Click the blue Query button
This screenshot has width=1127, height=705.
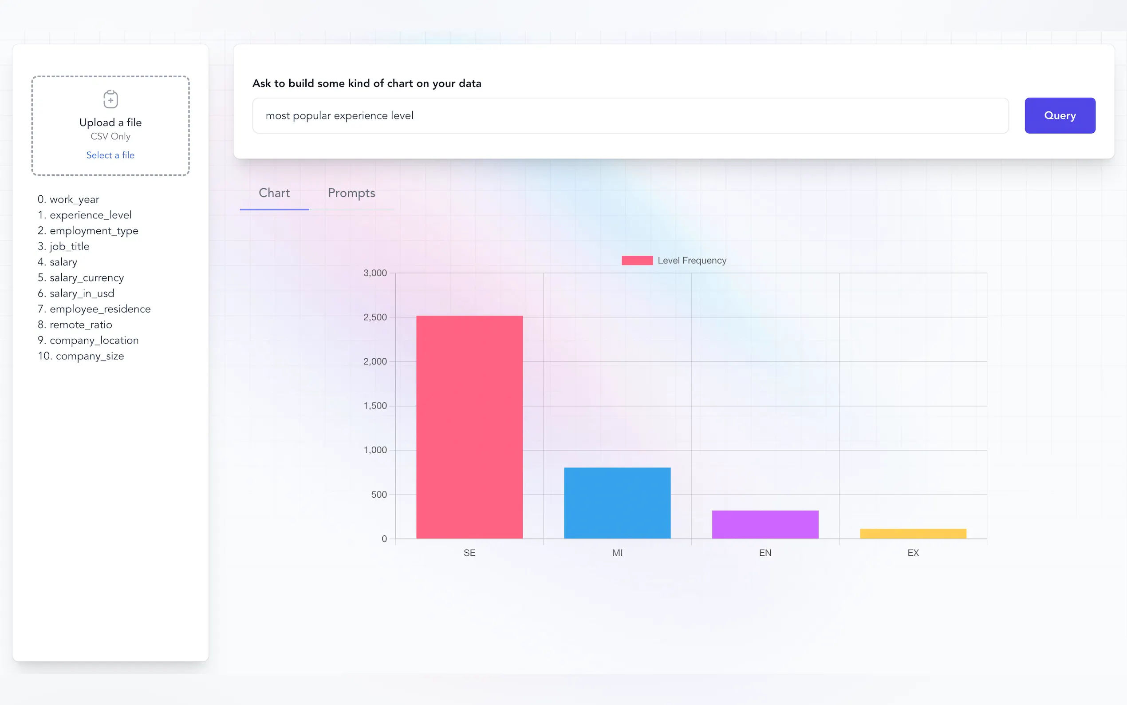tap(1060, 115)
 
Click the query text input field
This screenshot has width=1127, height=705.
tap(630, 115)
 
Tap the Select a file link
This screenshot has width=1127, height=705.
tap(110, 155)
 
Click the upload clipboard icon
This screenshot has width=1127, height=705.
tap(110, 99)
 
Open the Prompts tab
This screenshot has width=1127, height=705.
tap(351, 193)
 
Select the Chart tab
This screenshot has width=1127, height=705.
tap(274, 193)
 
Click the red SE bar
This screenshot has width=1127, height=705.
tap(469, 427)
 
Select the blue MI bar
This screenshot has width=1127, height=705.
tap(617, 503)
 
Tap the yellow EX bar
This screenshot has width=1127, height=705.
tap(913, 534)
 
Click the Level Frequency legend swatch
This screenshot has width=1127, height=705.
tap(637, 261)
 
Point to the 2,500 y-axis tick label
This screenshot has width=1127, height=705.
tap(375, 317)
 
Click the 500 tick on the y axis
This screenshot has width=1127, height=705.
tap(379, 495)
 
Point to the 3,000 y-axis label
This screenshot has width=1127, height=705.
tap(375, 273)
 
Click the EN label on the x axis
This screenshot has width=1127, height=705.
tap(765, 553)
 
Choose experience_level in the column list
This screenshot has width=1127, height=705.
tap(91, 215)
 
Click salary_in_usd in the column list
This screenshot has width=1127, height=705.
tap(82, 293)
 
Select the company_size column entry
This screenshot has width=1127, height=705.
tap(90, 356)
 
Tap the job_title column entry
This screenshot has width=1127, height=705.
tap(69, 246)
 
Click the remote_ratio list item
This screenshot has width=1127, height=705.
tap(81, 325)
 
